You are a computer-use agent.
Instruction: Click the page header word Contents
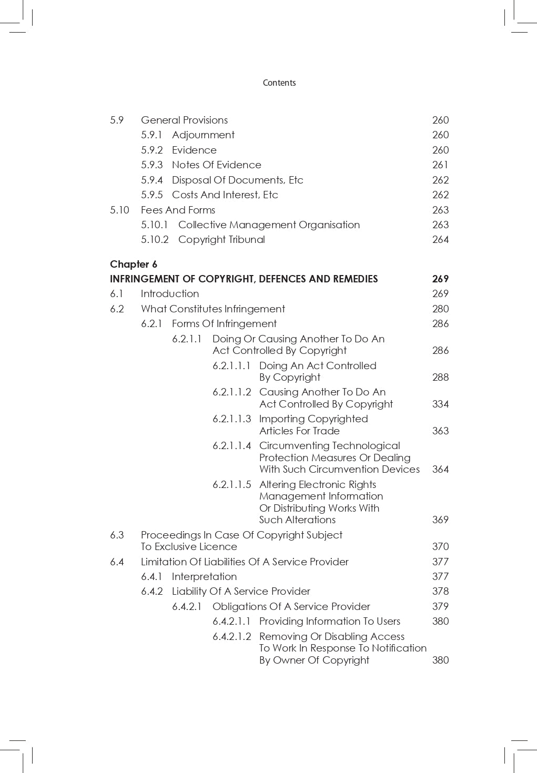point(279,83)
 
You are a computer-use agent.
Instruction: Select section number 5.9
point(117,120)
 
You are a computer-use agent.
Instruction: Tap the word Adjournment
point(203,135)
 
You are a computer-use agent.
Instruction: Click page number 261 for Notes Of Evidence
point(440,165)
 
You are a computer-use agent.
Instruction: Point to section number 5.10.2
point(155,239)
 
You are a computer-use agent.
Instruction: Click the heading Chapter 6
point(134,264)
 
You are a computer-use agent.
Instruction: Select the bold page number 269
point(440,279)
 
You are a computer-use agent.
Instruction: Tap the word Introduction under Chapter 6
point(170,293)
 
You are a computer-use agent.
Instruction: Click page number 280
point(440,309)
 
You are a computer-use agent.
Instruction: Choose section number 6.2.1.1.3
point(232,419)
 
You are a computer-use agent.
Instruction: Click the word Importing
point(283,419)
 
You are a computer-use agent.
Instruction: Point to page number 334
point(440,404)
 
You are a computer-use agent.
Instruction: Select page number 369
point(440,520)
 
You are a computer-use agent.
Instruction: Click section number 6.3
point(117,535)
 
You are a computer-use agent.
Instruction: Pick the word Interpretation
point(204,576)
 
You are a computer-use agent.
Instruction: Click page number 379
point(440,606)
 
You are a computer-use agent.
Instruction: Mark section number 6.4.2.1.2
point(232,636)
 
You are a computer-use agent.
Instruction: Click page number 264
point(440,239)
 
